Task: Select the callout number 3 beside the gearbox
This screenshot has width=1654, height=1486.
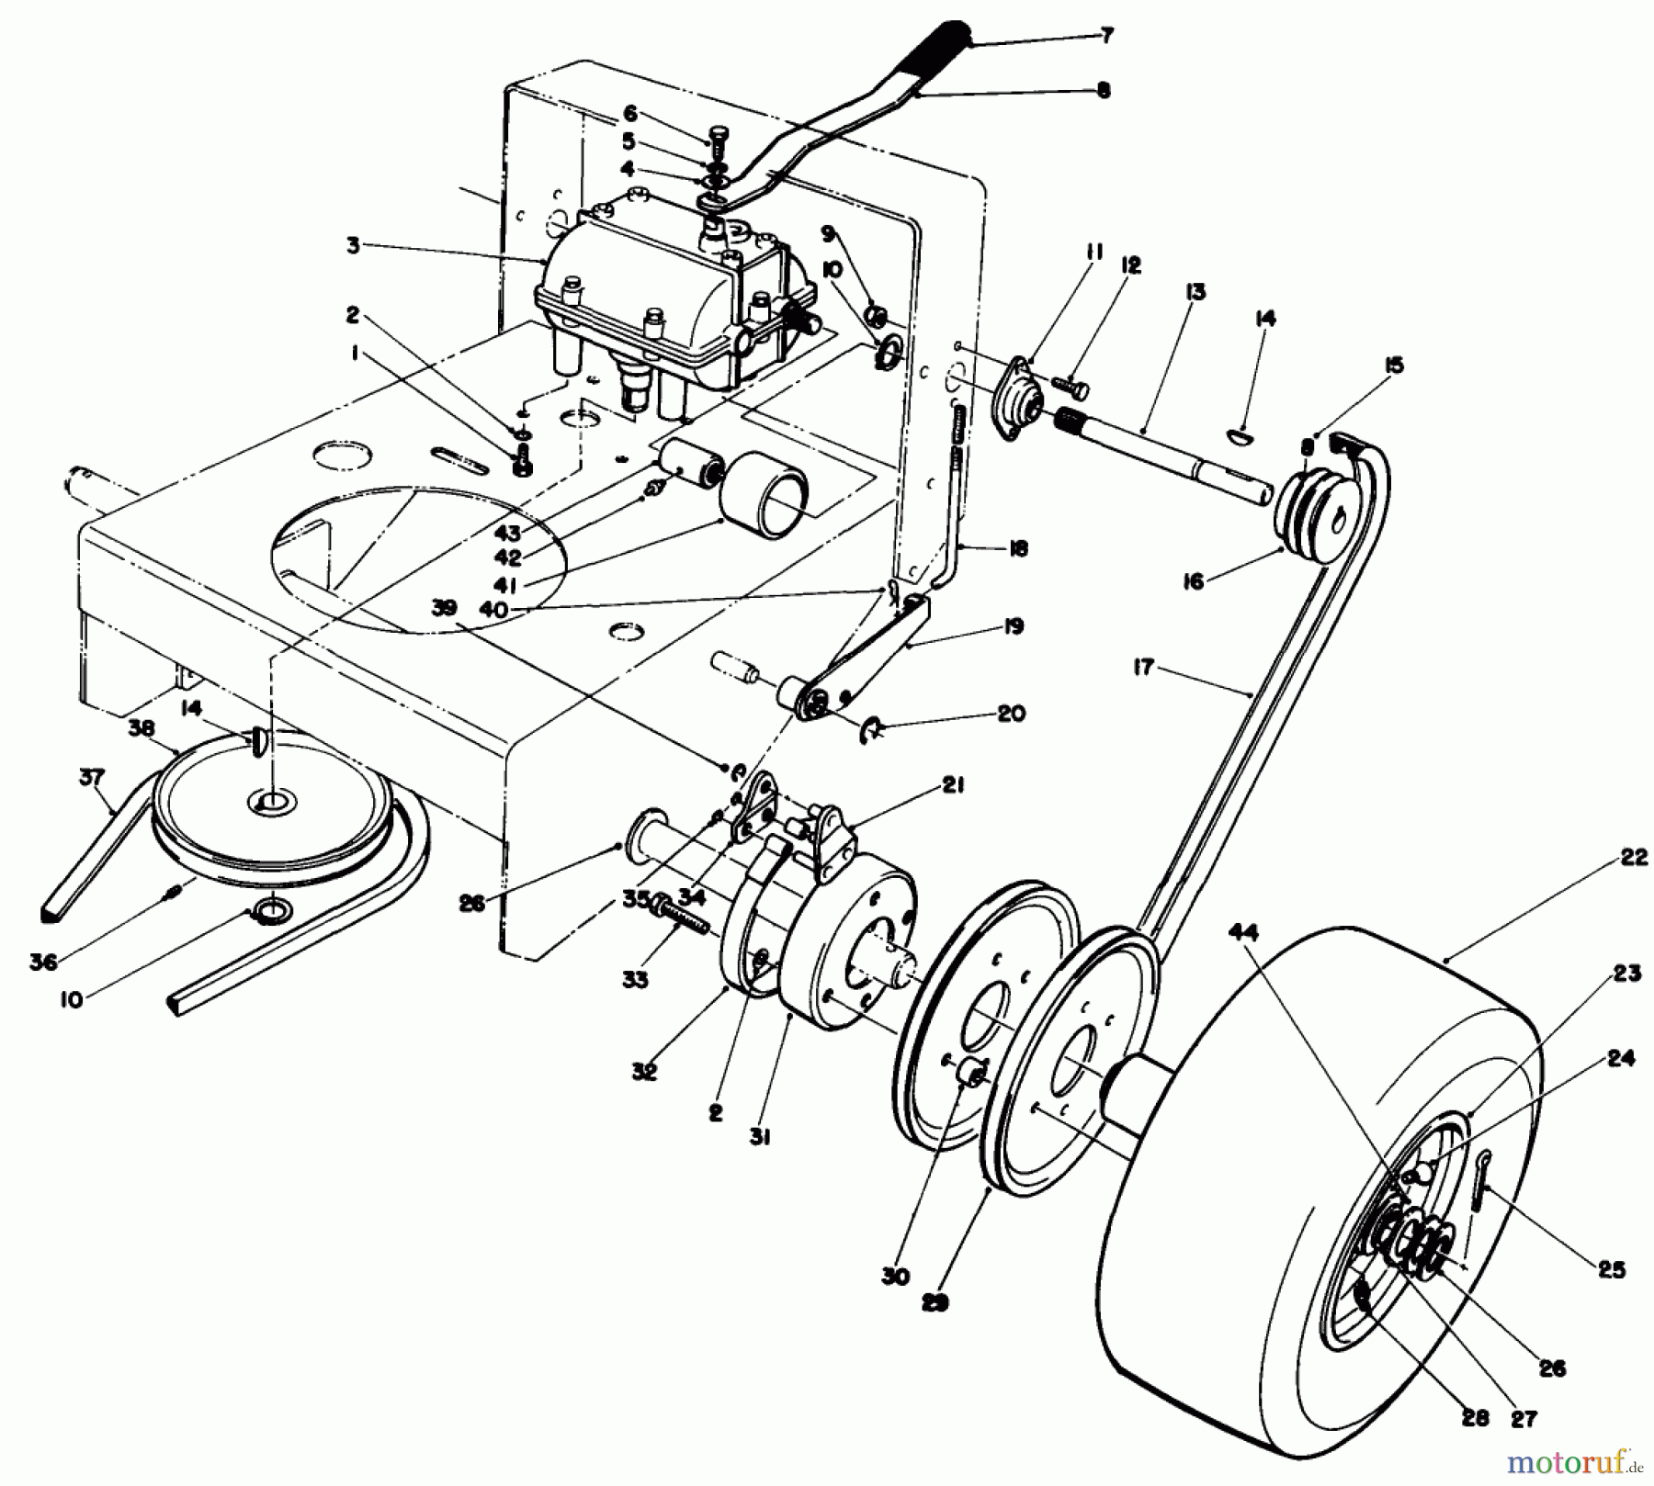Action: point(354,245)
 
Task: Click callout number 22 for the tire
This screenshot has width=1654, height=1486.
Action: point(1626,858)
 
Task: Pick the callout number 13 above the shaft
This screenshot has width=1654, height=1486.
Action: point(1195,292)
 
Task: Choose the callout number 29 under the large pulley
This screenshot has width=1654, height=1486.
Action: point(936,1301)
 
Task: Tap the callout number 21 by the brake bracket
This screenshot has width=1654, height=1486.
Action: point(953,787)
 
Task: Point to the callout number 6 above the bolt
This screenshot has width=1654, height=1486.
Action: point(629,113)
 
